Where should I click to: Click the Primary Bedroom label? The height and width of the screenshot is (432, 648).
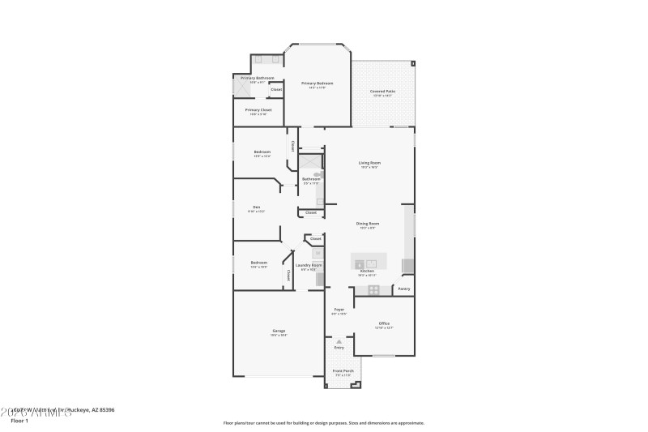(x=318, y=83)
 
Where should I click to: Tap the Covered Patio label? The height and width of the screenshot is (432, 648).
(x=383, y=92)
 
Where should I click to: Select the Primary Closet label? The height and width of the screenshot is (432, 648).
(x=258, y=109)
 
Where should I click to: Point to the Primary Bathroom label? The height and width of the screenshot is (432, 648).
(x=257, y=78)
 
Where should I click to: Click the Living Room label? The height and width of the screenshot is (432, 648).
(x=369, y=163)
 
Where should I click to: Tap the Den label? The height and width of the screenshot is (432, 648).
(x=256, y=207)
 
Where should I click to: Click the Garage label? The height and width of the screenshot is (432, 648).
(x=279, y=331)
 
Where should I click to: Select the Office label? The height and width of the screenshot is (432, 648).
(x=384, y=323)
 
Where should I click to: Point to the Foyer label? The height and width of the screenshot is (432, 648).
(x=339, y=310)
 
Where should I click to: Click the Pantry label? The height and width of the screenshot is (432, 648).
(x=403, y=289)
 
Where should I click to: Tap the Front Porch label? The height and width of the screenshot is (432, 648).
(x=343, y=371)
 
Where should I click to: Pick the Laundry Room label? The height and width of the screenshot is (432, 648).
(x=309, y=265)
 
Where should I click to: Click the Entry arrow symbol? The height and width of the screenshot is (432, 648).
(x=339, y=342)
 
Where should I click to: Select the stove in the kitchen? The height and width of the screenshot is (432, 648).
(x=373, y=289)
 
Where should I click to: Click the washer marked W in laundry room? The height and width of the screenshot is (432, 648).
(x=318, y=253)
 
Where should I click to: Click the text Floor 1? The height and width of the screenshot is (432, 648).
(x=19, y=421)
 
